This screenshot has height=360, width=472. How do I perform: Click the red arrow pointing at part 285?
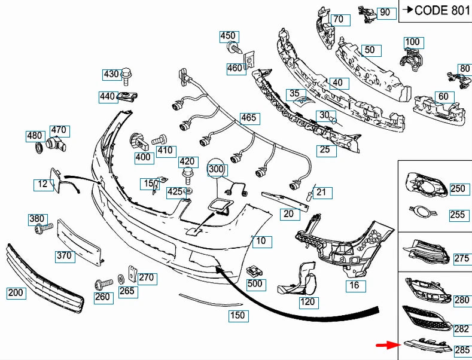(389, 345)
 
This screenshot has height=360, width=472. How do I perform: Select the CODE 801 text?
(442, 10)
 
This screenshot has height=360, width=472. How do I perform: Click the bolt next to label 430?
(126, 77)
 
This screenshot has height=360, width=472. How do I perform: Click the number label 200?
(16, 293)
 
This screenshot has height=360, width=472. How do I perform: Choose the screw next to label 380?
(44, 228)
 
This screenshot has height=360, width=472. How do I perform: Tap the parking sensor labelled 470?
(57, 145)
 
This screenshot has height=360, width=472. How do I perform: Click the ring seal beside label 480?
(39, 147)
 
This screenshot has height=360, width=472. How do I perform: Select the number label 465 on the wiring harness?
(250, 118)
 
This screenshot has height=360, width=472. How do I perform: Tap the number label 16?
(355, 285)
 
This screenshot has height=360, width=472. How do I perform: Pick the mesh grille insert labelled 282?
(427, 319)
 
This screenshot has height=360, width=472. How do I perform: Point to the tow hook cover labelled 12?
(55, 179)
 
